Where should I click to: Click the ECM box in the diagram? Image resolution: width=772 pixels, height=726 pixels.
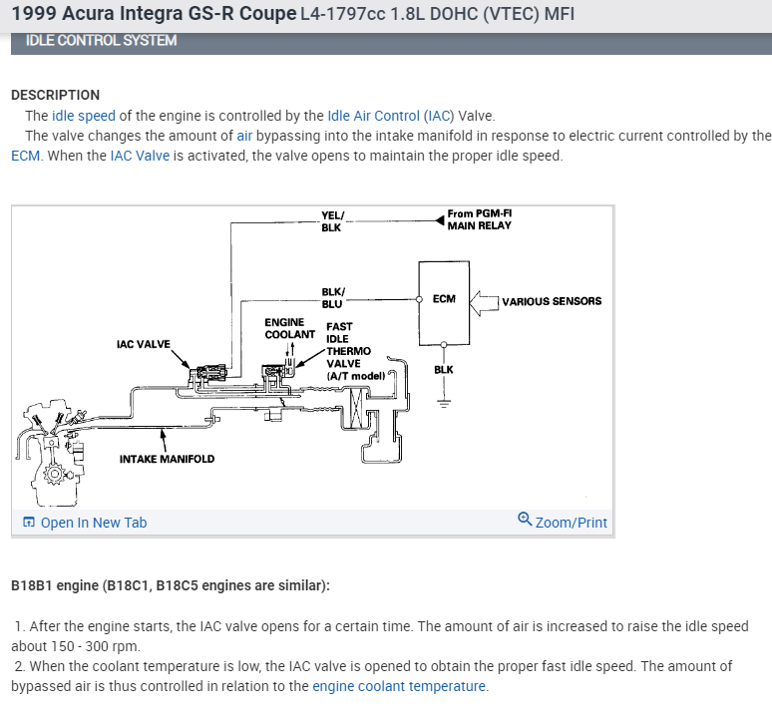444,299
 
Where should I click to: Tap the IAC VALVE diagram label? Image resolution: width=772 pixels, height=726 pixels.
144,345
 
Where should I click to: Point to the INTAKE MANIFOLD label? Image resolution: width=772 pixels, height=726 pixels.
167,459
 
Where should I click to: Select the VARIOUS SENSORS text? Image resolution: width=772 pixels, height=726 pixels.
552,301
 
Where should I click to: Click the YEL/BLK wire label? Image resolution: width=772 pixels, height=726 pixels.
331,221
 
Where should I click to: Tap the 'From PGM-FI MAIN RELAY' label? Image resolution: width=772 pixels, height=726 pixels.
479,219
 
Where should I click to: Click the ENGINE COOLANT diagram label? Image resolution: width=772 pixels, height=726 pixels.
289,328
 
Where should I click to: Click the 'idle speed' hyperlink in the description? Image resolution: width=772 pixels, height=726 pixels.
84,116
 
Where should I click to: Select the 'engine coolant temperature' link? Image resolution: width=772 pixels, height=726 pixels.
399,686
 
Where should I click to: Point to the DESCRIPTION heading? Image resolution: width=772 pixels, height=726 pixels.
55,95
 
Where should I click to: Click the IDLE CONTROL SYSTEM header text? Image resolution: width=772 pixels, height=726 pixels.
102,41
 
